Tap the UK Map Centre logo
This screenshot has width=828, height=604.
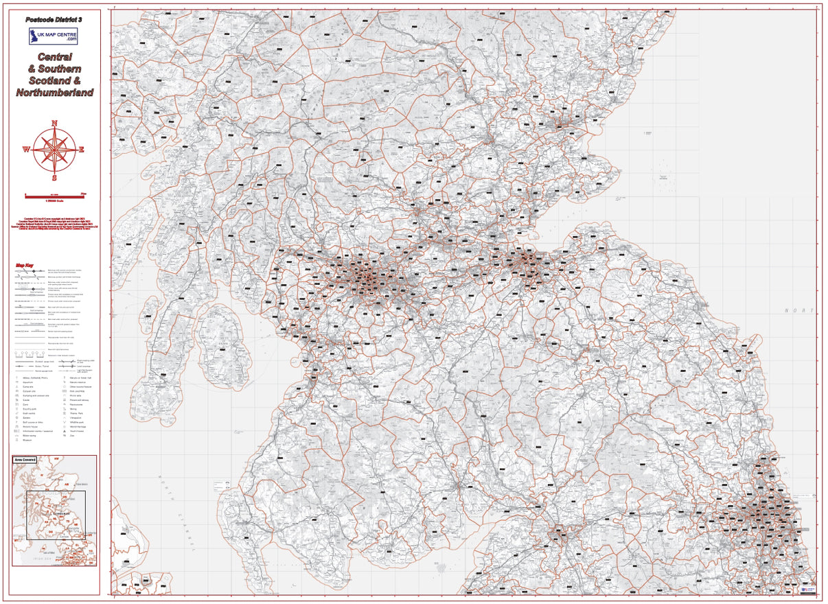[54, 36]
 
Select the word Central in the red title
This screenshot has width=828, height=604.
[55, 57]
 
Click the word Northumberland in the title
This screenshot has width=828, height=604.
[55, 92]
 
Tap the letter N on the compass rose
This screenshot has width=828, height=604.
[54, 124]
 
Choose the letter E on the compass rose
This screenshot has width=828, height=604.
[82, 149]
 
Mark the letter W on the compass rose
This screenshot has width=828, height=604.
[27, 149]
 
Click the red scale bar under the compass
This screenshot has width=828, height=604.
[55, 196]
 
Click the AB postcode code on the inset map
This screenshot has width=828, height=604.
[67, 483]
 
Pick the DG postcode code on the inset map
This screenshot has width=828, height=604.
[51, 531]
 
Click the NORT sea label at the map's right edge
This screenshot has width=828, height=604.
[798, 311]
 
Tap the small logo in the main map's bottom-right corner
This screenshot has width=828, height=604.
[809, 588]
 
